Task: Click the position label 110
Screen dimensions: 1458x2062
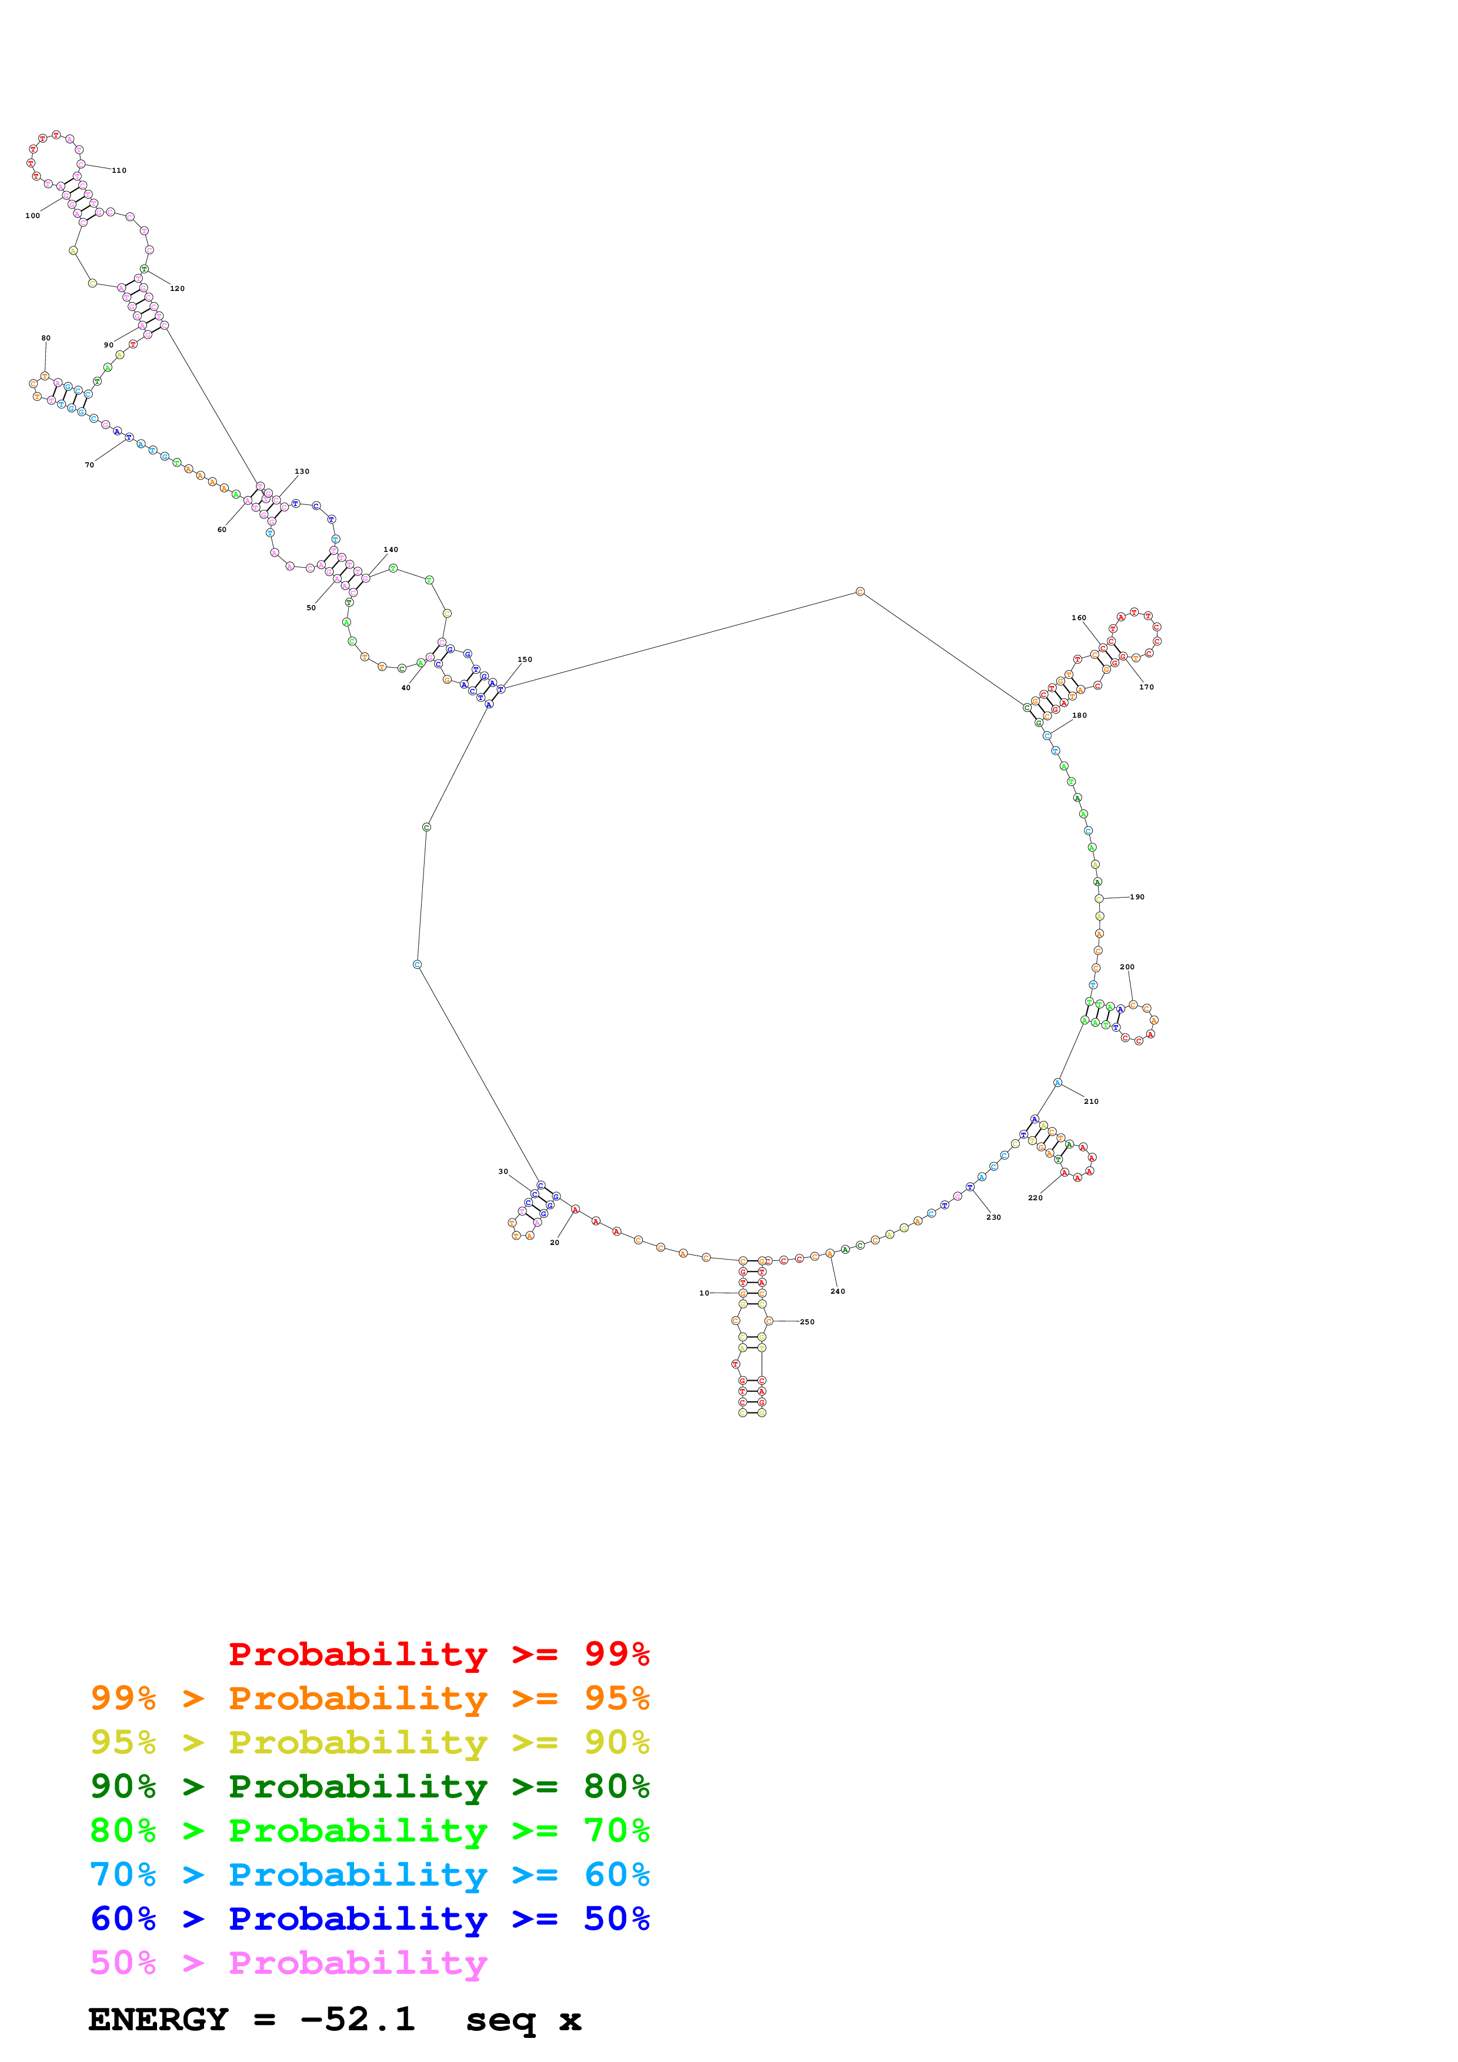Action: [119, 170]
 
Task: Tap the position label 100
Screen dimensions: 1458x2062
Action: [32, 216]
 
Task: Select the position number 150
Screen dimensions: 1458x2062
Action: [525, 659]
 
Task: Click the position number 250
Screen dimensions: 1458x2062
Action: [807, 1321]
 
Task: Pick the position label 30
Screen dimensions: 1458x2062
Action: [503, 1171]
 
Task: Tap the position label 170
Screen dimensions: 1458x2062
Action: [1146, 687]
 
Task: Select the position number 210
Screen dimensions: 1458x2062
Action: [1090, 1101]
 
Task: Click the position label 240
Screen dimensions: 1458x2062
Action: [838, 1291]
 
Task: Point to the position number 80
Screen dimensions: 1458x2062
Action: [46, 337]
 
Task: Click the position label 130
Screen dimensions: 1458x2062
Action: [302, 471]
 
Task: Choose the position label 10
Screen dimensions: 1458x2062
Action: [704, 1293]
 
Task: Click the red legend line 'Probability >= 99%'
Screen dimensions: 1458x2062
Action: [438, 1653]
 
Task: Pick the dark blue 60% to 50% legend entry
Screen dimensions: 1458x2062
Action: [369, 1919]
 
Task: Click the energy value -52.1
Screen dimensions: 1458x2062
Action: [358, 2019]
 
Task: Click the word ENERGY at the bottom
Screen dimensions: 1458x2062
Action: [158, 2019]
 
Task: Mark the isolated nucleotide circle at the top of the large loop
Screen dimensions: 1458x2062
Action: [860, 591]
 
